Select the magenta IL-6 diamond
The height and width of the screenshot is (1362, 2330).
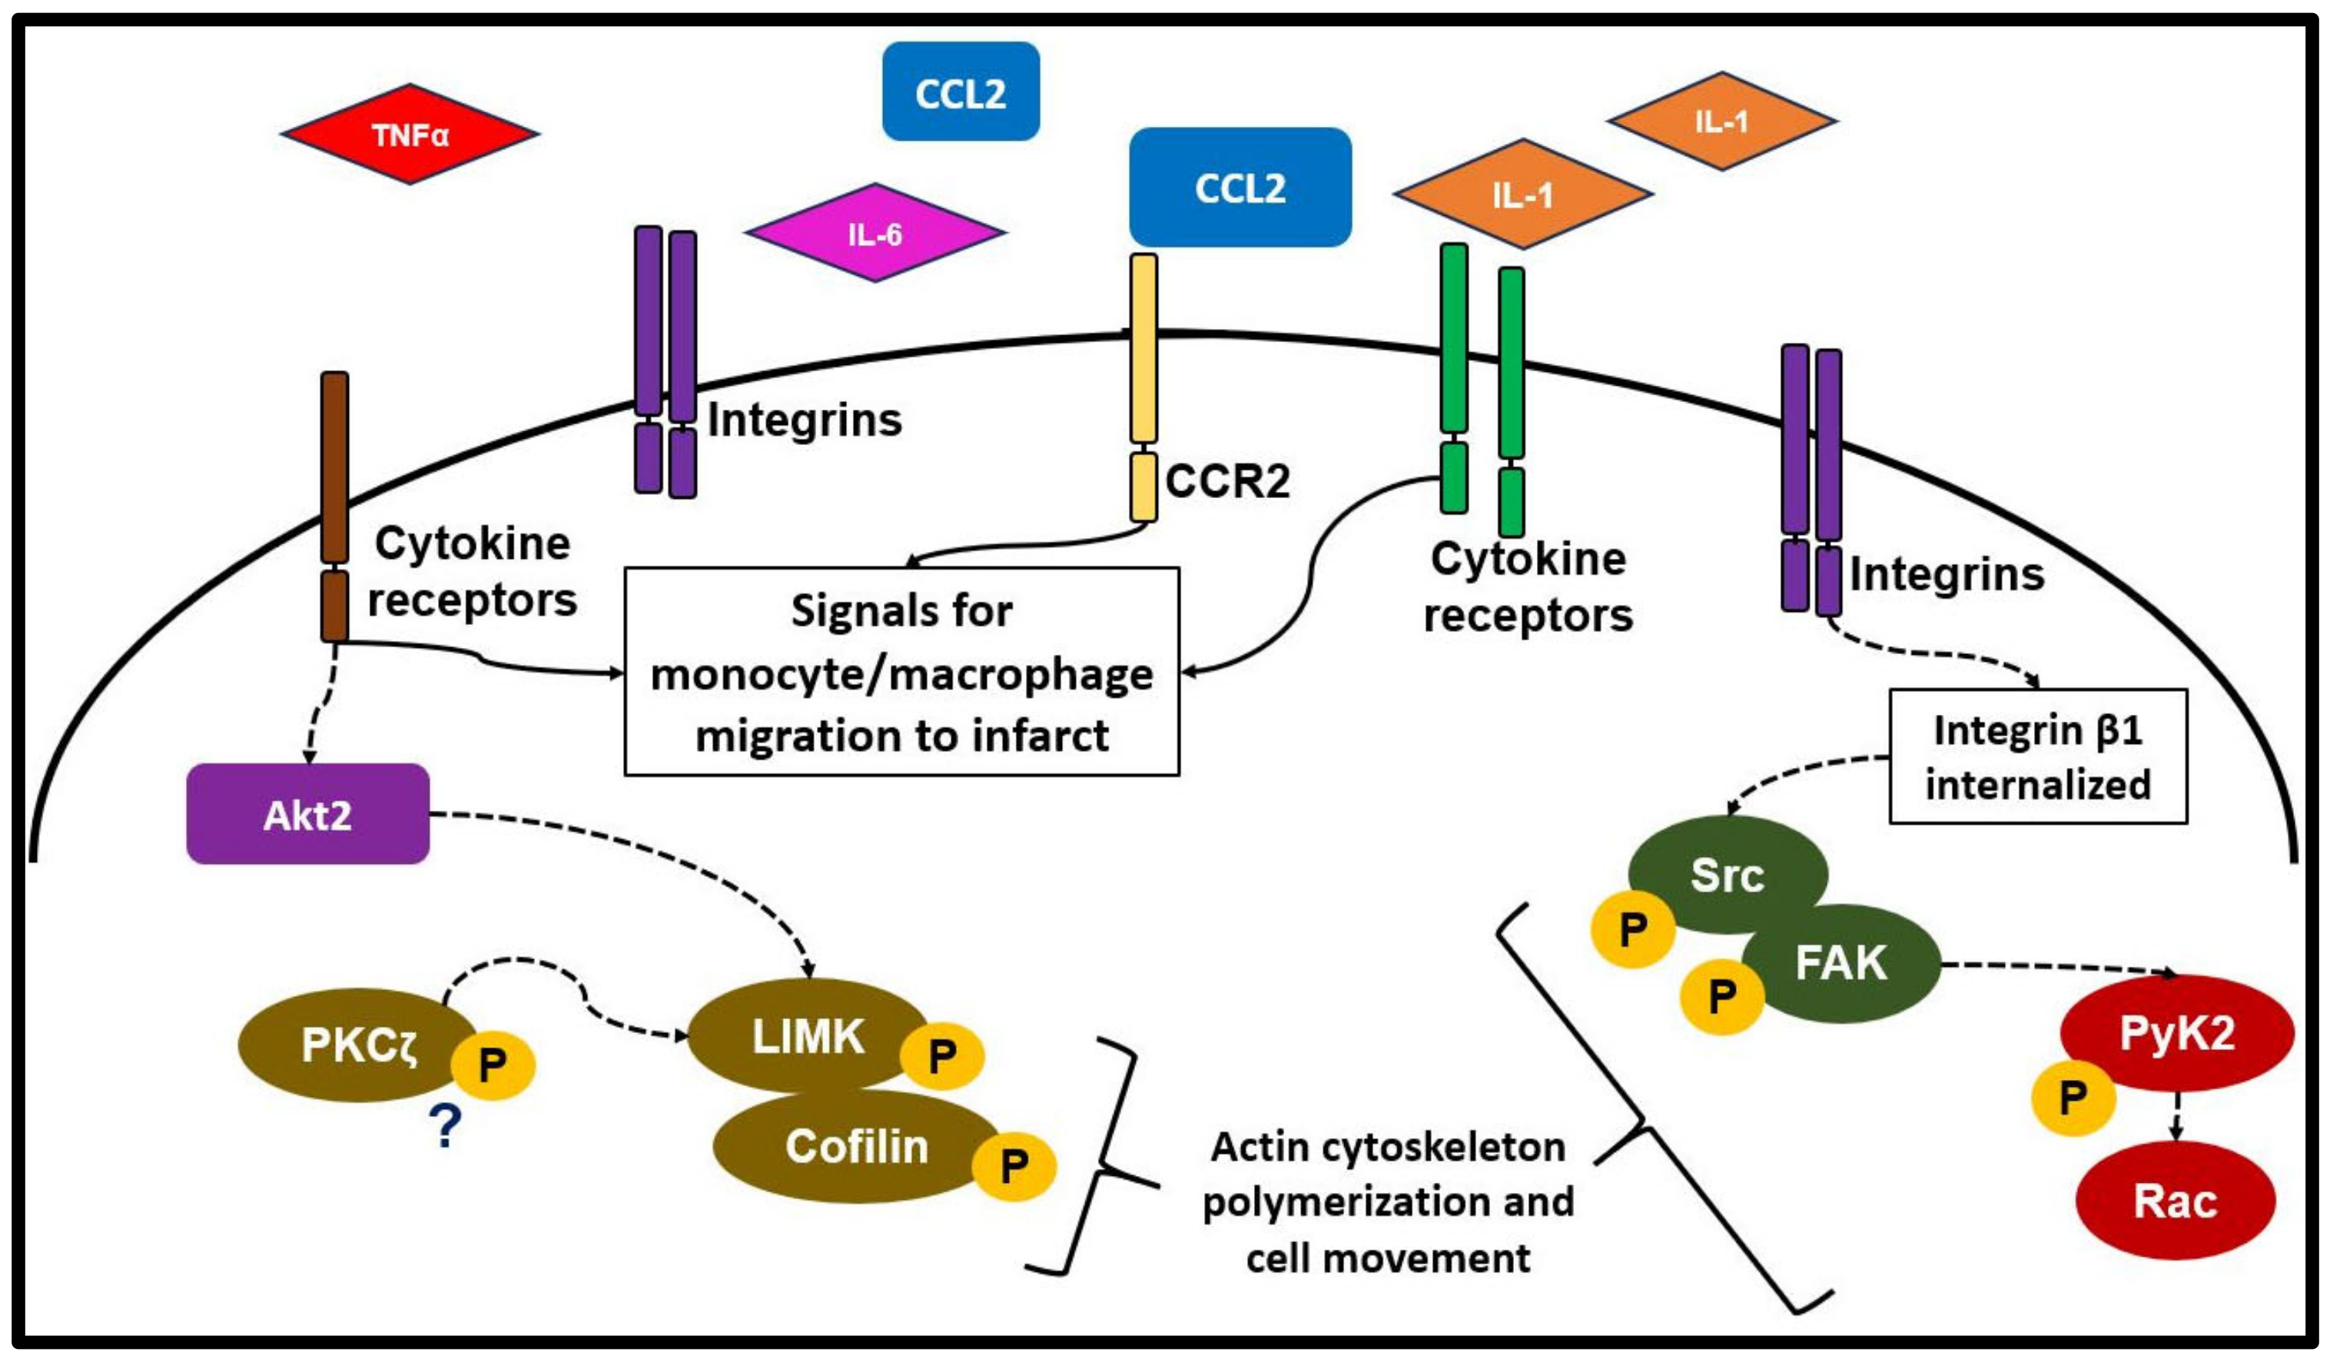875,233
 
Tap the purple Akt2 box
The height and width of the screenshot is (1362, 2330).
308,815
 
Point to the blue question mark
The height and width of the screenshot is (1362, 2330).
446,1126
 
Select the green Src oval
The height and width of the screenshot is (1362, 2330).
1728,874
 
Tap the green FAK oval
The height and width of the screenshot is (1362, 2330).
1840,962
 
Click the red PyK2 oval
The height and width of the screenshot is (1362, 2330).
2176,1033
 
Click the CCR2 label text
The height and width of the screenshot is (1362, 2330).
1227,481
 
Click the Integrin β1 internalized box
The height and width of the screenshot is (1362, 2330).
2038,756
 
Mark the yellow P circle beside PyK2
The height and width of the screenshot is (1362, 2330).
2073,1098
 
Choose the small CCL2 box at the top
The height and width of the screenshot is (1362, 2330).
961,92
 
